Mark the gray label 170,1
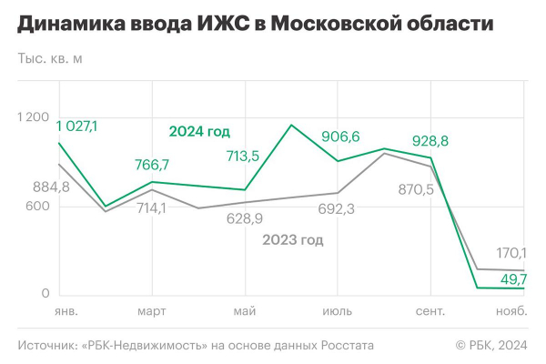tap(511, 252)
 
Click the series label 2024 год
tap(199, 131)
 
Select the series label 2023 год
tap(293, 240)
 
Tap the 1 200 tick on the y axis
tap(33, 117)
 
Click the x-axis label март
tap(151, 312)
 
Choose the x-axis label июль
tap(337, 312)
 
